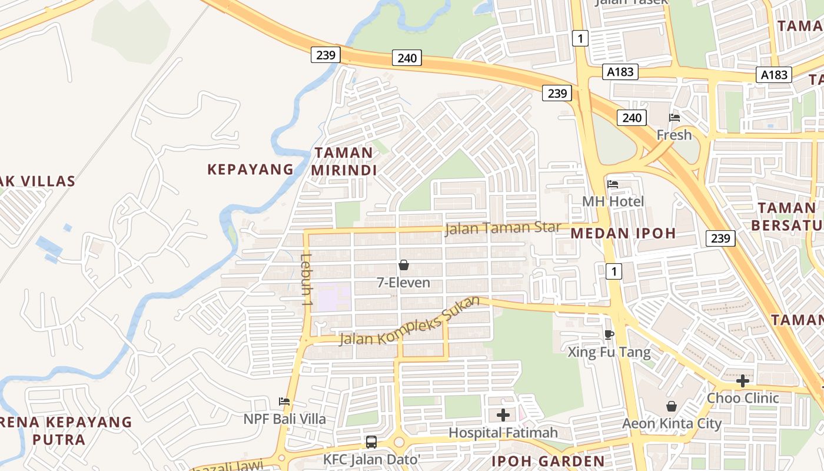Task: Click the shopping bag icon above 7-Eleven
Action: [x=404, y=266]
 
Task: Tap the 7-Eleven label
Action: [x=404, y=283]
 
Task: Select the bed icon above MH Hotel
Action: [x=613, y=184]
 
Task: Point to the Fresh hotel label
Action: [x=674, y=135]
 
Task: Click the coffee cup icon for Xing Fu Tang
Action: [x=609, y=335]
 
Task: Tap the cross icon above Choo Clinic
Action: [x=743, y=381]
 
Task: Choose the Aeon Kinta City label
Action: [x=672, y=423]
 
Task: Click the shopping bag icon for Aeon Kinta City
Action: [x=672, y=406]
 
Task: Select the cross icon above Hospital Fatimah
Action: [x=503, y=416]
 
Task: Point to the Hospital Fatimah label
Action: [x=503, y=433]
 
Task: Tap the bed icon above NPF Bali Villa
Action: [x=285, y=402]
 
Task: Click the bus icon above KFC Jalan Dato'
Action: [x=371, y=442]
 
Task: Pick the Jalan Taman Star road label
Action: [x=503, y=228]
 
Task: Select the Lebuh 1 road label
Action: [x=305, y=279]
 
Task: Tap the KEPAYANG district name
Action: [x=250, y=170]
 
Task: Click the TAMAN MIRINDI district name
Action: [x=344, y=161]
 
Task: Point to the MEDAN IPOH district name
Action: [x=623, y=233]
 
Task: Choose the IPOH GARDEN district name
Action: [x=548, y=461]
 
